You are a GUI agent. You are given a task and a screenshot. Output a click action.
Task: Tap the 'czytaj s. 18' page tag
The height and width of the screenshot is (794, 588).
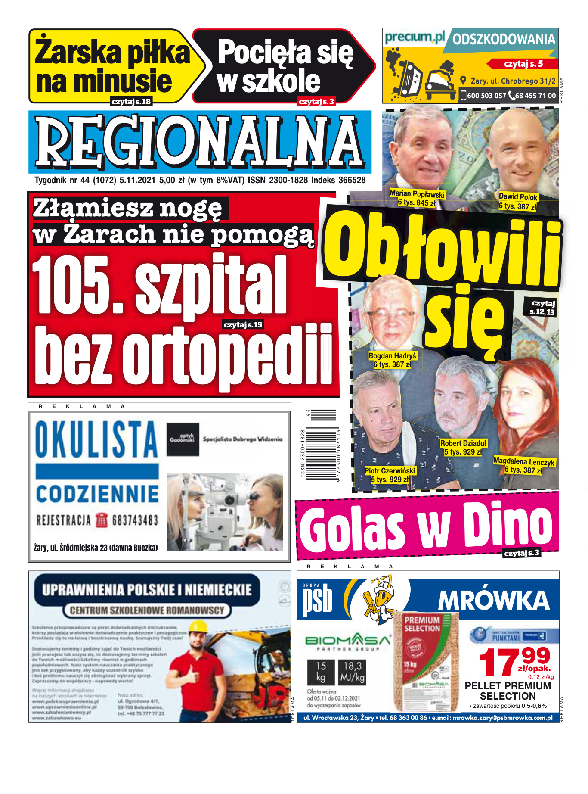tap(131, 102)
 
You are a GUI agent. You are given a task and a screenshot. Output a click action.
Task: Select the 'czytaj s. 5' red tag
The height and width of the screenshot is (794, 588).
tap(523, 64)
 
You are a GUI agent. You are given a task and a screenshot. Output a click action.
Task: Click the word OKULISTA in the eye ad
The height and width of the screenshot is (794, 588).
tap(96, 439)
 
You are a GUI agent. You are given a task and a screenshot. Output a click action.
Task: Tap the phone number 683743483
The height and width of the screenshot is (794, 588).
tap(135, 520)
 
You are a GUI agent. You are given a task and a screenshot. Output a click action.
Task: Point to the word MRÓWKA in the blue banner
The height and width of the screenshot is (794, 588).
tap(493, 600)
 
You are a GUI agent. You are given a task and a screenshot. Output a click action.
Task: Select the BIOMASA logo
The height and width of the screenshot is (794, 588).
tap(348, 641)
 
